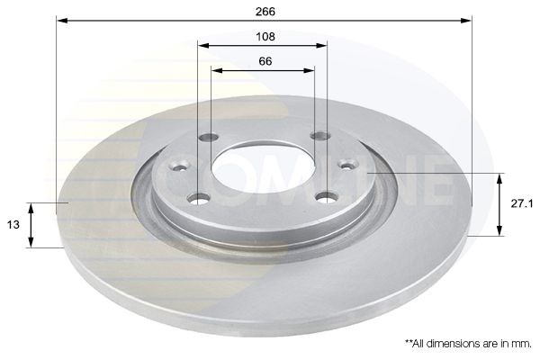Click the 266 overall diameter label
(x=265, y=12)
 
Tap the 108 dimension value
(x=265, y=37)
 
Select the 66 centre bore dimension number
(x=265, y=61)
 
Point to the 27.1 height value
(x=521, y=204)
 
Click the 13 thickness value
(x=13, y=225)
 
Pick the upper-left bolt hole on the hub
(x=209, y=138)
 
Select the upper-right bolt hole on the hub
(x=320, y=135)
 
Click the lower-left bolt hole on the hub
(x=199, y=198)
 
